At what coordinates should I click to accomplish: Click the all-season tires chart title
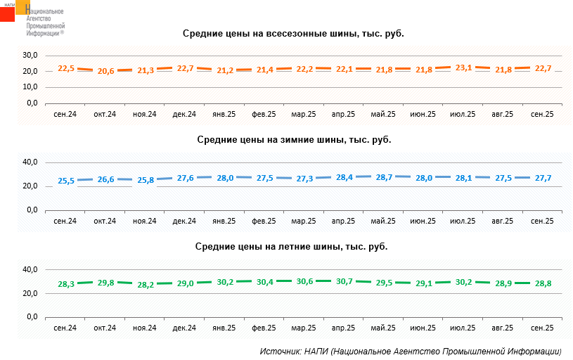point(294,33)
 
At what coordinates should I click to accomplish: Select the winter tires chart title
point(294,139)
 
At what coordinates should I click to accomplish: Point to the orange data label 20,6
point(105,71)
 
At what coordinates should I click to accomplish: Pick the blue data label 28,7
point(384,177)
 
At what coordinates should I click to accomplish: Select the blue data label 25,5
point(65,181)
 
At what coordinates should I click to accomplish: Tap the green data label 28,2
point(145,285)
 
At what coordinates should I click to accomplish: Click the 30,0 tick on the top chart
point(30,55)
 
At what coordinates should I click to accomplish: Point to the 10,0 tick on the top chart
point(30,87)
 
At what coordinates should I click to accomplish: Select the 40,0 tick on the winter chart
point(30,162)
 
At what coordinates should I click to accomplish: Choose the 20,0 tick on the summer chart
point(30,293)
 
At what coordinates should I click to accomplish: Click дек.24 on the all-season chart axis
point(184,114)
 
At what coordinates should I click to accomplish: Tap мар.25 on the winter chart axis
point(303,221)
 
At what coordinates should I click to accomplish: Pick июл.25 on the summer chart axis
point(462,328)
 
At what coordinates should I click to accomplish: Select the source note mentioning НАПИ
point(411,351)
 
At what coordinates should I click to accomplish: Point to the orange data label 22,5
point(65,68)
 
